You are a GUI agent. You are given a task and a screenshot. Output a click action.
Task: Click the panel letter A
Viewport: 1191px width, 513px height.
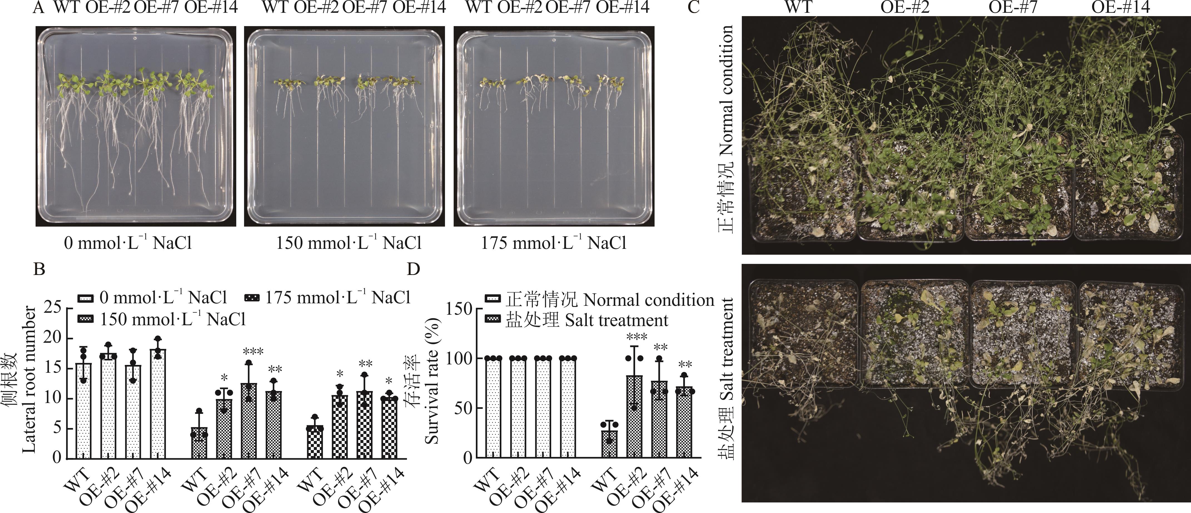pyautogui.click(x=39, y=8)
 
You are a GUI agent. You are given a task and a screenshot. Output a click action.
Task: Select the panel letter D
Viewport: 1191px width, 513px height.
pyautogui.click(x=413, y=269)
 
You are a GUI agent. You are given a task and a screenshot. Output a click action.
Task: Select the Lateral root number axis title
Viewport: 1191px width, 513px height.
pyautogui.click(x=29, y=379)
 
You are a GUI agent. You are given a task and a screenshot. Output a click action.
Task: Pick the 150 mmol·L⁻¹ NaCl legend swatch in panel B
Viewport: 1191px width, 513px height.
pyautogui.click(x=87, y=319)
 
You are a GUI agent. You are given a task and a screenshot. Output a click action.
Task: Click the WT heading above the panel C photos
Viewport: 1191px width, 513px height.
pyautogui.click(x=799, y=8)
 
